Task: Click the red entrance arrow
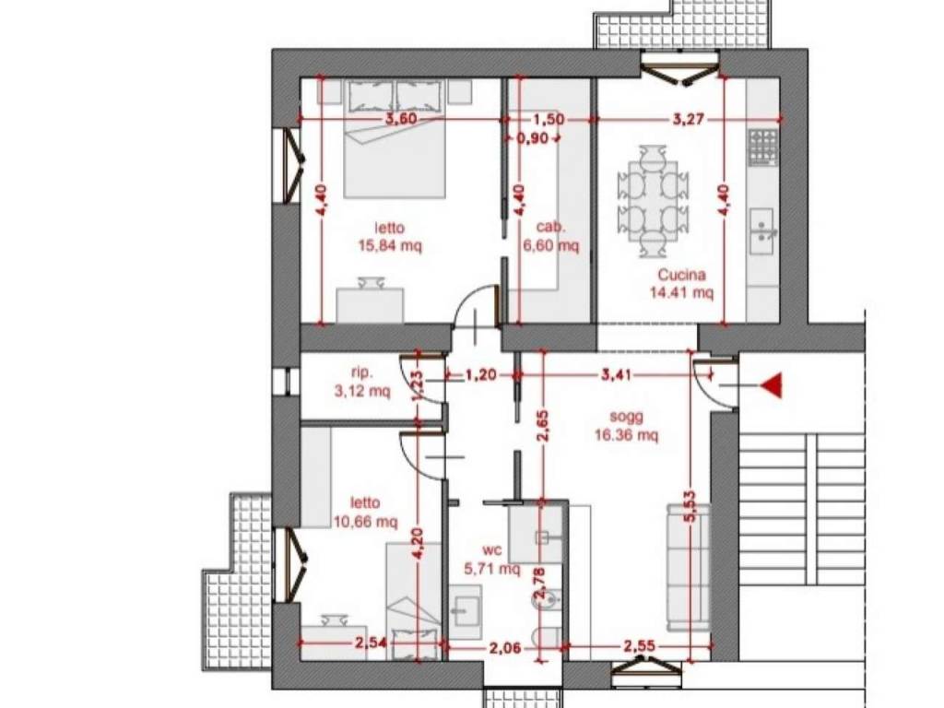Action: click(x=771, y=385)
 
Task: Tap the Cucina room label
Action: click(x=681, y=275)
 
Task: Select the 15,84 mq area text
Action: click(x=390, y=245)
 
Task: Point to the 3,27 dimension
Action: click(x=688, y=119)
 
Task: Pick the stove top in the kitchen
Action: click(x=762, y=147)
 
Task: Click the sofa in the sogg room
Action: click(x=688, y=568)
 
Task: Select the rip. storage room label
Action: click(x=361, y=372)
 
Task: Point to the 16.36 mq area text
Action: click(x=627, y=435)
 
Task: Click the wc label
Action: click(x=492, y=549)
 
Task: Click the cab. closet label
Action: click(x=551, y=227)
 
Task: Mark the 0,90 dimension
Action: click(x=533, y=138)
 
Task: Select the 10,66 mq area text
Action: click(x=365, y=522)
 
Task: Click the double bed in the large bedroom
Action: click(x=395, y=139)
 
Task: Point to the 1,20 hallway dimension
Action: click(x=481, y=375)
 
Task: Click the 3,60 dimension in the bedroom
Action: click(x=401, y=119)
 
